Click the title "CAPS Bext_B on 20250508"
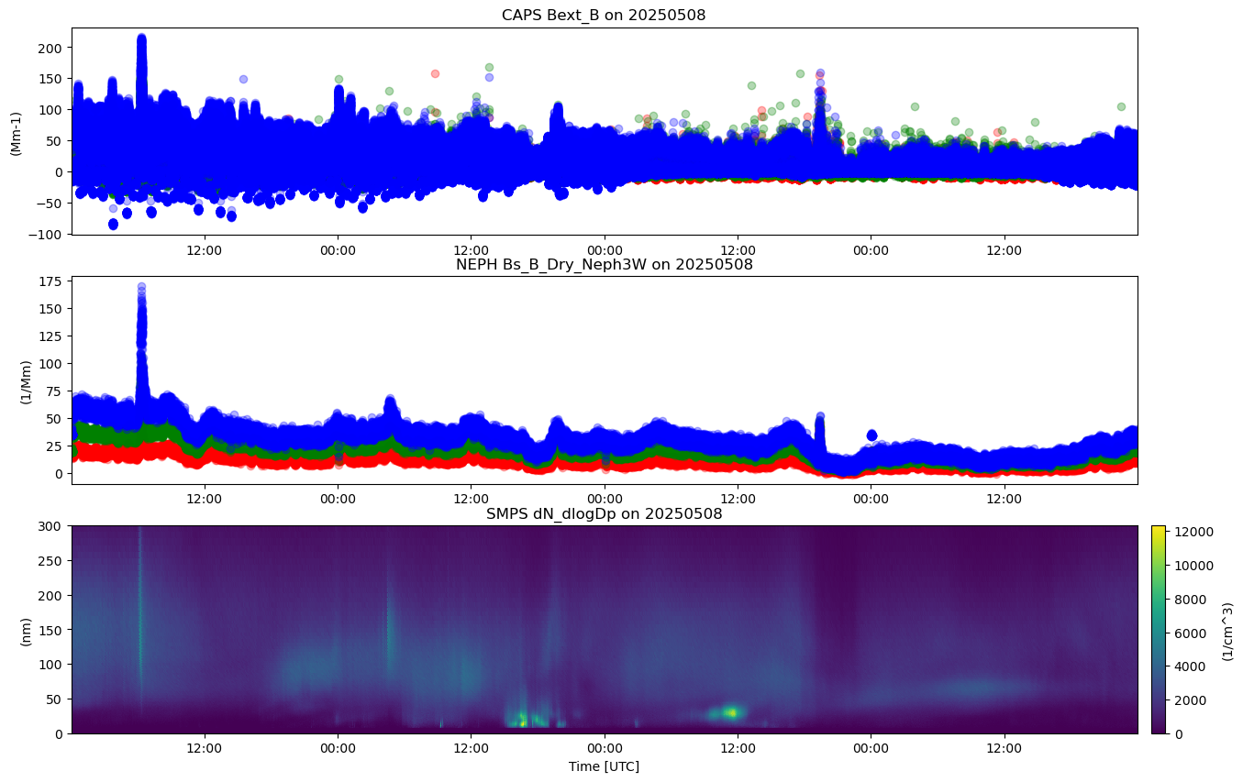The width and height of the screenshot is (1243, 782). (x=604, y=16)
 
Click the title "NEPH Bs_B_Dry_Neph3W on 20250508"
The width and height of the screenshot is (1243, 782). (x=604, y=265)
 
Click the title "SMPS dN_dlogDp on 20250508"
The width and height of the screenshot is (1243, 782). (x=604, y=514)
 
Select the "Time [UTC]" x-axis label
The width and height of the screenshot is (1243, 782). (x=604, y=766)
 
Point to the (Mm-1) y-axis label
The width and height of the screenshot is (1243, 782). (x=16, y=131)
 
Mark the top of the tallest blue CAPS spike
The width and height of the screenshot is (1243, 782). (x=141, y=38)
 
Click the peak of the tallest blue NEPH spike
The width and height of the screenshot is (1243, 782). (x=141, y=287)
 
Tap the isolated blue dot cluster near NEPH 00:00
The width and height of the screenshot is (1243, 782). (x=871, y=435)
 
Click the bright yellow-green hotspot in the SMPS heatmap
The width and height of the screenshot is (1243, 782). (x=732, y=711)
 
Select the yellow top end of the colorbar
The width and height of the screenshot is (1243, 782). (x=1158, y=529)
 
